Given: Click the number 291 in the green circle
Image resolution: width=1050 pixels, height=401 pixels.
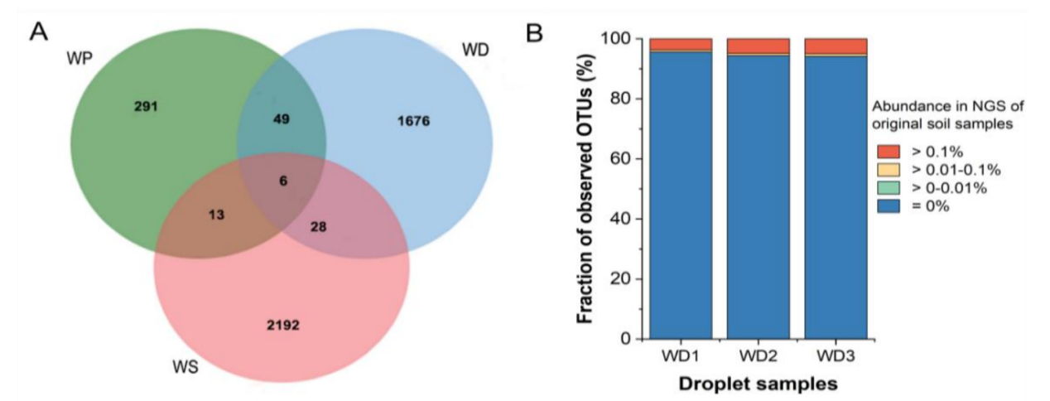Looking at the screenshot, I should click(x=146, y=106).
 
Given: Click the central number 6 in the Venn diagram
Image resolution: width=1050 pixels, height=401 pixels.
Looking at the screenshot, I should click(x=283, y=181).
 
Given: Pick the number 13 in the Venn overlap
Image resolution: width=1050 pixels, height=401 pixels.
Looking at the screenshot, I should click(x=217, y=214).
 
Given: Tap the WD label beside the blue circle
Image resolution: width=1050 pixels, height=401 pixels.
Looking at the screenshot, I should click(x=475, y=51).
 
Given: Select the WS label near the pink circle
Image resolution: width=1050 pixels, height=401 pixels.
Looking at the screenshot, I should click(x=184, y=367).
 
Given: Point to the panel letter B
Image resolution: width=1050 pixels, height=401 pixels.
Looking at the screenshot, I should click(x=535, y=32).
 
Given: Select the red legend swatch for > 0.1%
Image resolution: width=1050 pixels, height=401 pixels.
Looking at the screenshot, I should click(x=889, y=152).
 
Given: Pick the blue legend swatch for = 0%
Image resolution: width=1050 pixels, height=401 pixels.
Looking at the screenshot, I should click(x=889, y=206).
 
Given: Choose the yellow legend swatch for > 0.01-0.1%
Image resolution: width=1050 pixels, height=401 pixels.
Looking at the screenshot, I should click(x=889, y=170).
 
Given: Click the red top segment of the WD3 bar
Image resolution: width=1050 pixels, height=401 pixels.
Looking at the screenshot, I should click(x=836, y=46).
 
